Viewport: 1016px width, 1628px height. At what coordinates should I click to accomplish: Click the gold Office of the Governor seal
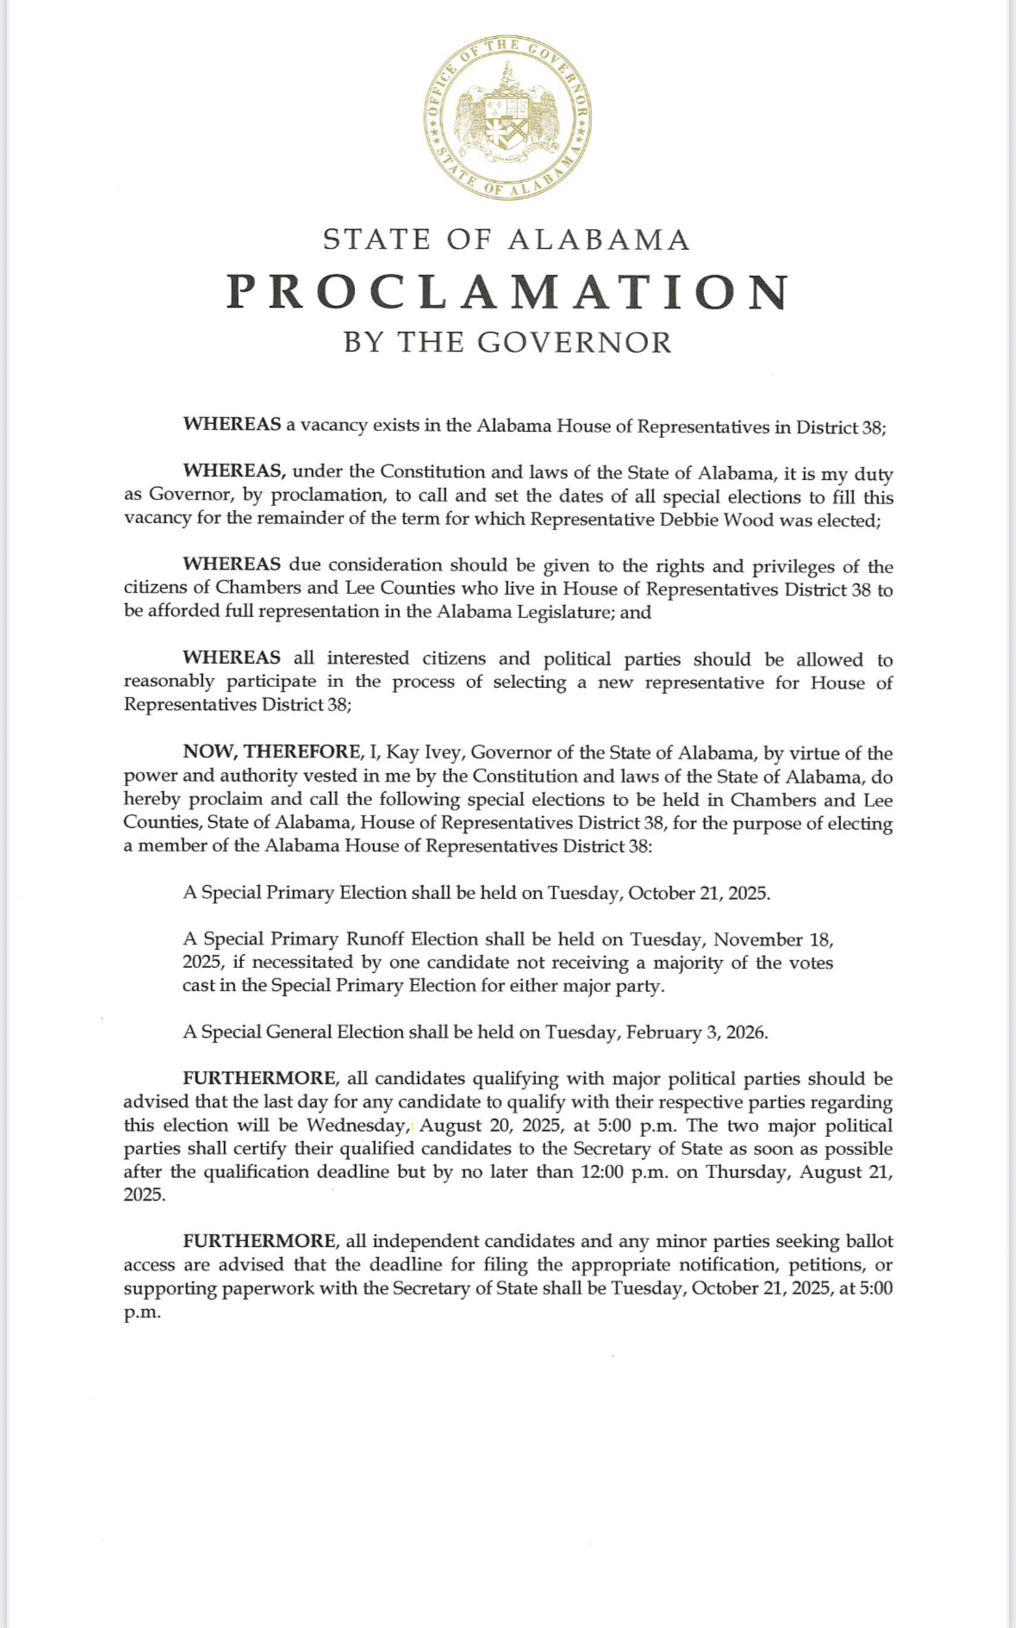point(508,117)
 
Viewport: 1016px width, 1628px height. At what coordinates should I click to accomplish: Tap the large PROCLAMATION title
point(508,292)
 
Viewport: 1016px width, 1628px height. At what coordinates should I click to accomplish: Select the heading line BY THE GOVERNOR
point(508,343)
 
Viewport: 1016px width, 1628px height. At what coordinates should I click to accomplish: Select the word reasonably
point(169,683)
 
